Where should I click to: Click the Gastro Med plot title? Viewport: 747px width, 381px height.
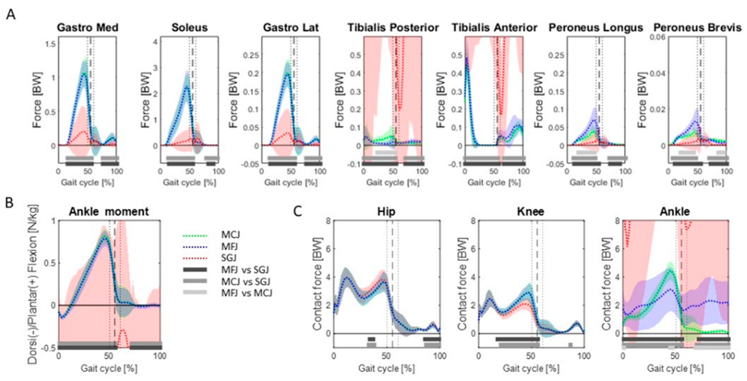point(88,28)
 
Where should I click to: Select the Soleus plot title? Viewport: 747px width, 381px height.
point(189,28)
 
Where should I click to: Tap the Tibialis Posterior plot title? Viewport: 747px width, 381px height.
point(393,28)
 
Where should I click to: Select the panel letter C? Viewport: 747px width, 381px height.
point(297,212)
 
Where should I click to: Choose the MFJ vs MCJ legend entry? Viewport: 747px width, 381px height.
point(247,293)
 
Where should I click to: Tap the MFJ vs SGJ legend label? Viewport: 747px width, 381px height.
point(245,270)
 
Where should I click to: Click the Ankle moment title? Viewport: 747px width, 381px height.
point(109,212)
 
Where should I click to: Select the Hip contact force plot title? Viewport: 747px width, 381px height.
point(386,212)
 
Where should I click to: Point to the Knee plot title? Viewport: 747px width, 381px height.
point(531,212)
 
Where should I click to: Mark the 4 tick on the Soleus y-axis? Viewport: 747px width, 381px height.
point(155,42)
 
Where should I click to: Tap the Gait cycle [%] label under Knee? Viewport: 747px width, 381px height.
point(531,369)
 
